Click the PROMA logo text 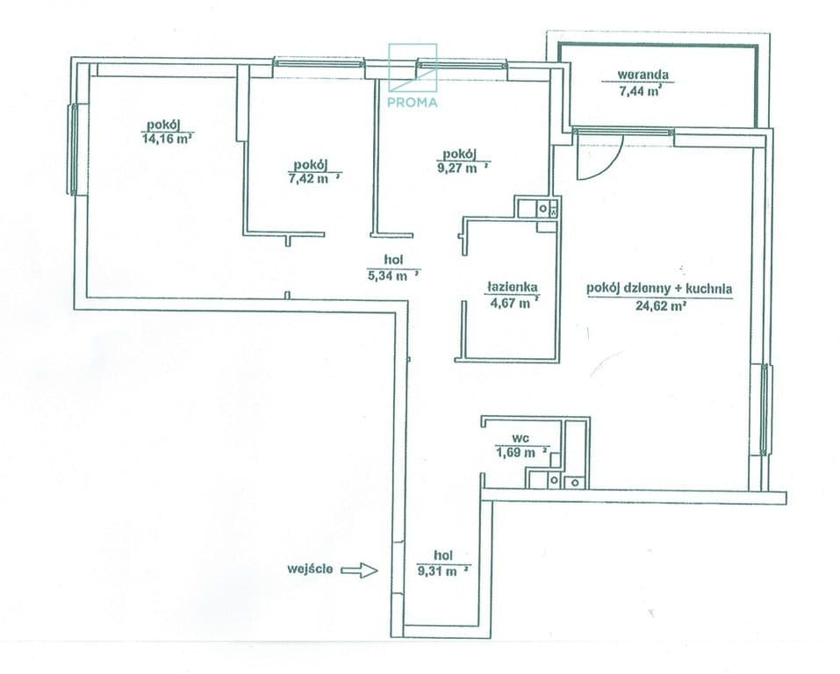click(x=412, y=102)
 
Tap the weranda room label click(x=638, y=75)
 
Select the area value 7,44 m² click(x=640, y=90)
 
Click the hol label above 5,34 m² click(x=394, y=260)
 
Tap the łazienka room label click(x=512, y=288)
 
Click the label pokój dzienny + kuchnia click(x=659, y=289)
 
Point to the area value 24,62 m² click(x=661, y=307)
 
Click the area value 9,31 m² click(x=443, y=571)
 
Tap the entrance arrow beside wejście click(x=360, y=570)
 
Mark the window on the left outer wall click(x=75, y=149)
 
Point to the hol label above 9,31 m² click(x=443, y=556)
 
